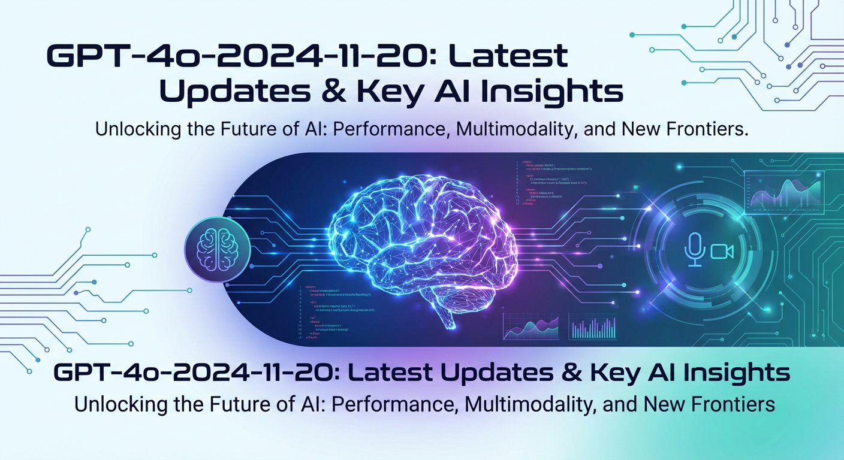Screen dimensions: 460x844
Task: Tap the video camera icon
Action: tap(722, 252)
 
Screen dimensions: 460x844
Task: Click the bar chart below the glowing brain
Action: tap(592, 326)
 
